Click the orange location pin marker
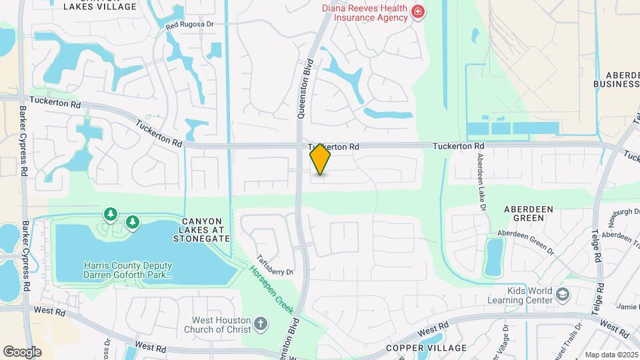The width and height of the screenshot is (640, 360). click(x=321, y=159)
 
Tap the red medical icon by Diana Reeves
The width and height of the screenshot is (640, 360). click(x=418, y=11)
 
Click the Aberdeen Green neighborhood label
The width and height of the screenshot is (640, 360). click(x=529, y=213)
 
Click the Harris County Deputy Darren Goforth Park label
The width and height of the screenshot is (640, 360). click(x=128, y=269)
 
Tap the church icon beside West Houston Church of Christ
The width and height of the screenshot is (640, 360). click(x=261, y=325)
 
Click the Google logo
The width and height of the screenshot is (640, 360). click(x=22, y=351)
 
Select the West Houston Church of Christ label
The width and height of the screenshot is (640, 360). click(x=221, y=325)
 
